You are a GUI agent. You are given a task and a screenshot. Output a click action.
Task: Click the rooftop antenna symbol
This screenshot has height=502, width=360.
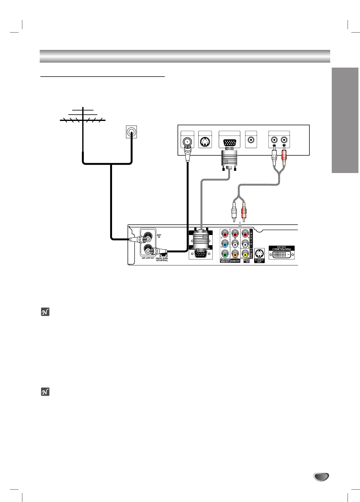tap(83, 116)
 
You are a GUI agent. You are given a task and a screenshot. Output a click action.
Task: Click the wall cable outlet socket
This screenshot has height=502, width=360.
tap(131, 132)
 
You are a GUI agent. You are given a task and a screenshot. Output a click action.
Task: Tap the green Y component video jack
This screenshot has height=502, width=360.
tap(225, 255)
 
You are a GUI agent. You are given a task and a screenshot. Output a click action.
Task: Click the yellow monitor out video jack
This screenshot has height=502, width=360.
tap(245, 255)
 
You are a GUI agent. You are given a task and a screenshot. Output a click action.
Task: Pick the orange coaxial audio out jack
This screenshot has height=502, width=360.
tap(235, 255)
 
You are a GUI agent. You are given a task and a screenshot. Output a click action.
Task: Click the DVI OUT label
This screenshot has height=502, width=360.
tap(282, 248)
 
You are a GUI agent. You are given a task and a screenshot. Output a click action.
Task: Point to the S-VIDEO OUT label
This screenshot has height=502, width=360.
tap(259, 261)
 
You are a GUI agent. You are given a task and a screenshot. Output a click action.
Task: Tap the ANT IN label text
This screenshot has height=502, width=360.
tap(159, 236)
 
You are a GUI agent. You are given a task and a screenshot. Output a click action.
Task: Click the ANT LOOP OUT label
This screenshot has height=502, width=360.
tap(148, 258)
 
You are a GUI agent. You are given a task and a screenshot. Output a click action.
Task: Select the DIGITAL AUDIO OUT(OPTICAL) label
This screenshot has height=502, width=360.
tap(162, 259)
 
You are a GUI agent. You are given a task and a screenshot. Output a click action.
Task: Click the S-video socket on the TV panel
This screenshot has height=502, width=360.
tap(205, 143)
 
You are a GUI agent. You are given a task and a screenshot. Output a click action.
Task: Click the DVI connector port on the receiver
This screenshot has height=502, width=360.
tap(282, 255)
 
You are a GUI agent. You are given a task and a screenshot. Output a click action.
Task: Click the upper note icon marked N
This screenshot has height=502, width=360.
tap(45, 312)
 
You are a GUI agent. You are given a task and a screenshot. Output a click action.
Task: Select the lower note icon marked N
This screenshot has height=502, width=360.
tap(45, 392)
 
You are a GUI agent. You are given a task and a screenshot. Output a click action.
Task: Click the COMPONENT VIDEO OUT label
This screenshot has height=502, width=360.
tap(225, 261)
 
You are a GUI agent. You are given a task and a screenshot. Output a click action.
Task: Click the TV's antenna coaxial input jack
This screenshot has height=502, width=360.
tap(187, 142)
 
